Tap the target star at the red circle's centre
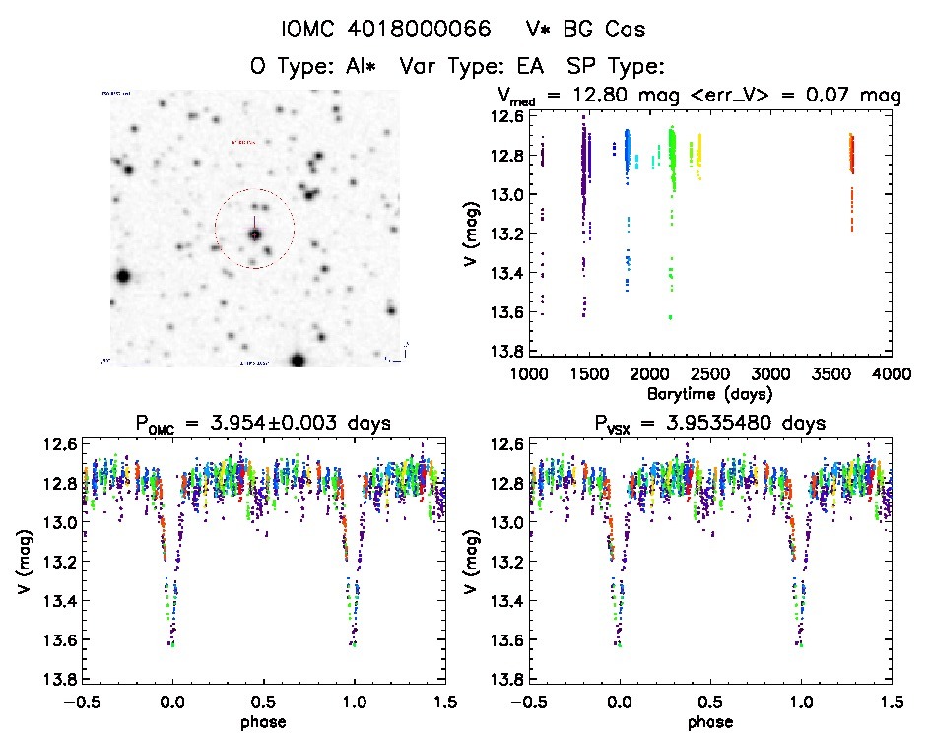click(254, 234)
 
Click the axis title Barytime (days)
click(709, 393)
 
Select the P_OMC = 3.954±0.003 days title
click(264, 424)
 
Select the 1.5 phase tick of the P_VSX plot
click(891, 703)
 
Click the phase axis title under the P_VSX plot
click(710, 721)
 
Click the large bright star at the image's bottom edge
click(298, 360)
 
